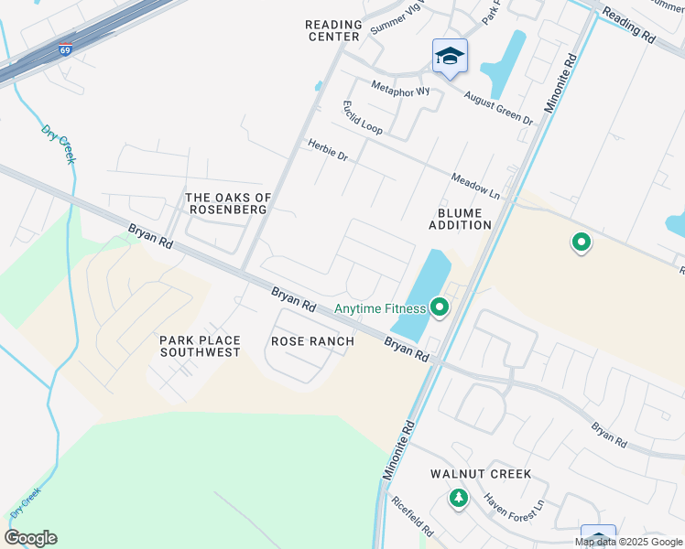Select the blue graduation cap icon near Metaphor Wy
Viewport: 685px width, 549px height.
450,57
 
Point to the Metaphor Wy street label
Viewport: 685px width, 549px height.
400,90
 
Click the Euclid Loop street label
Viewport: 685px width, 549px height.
362,118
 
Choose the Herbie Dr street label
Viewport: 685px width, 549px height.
328,150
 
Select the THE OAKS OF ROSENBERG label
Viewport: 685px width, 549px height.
226,203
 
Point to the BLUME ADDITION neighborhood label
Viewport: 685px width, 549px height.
460,218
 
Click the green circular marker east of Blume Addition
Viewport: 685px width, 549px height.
581,242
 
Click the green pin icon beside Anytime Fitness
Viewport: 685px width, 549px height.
440,307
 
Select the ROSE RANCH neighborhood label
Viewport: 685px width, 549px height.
312,341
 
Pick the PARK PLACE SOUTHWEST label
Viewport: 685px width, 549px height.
200,346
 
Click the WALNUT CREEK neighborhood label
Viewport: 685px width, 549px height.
481,474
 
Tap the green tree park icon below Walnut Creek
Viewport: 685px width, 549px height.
458,499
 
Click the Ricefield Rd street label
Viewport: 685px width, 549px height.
411,516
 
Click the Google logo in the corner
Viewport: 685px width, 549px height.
30,538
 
